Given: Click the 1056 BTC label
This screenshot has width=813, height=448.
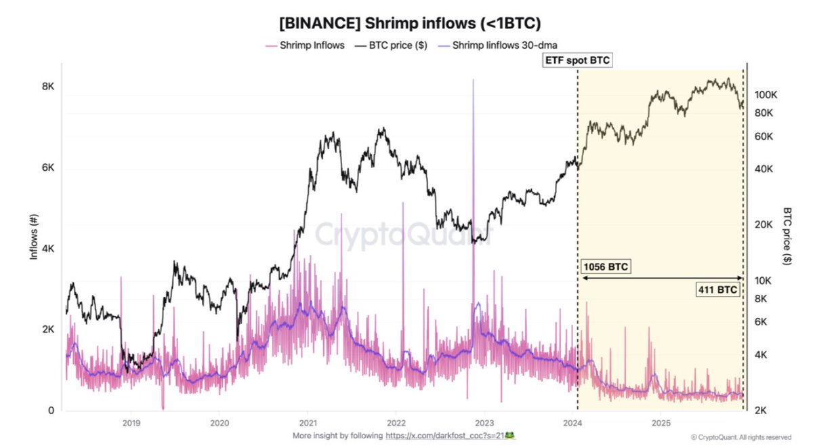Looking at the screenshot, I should [606, 266].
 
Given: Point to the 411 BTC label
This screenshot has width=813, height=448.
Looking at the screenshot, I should [718, 289].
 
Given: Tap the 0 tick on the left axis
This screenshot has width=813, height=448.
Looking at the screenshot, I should [51, 411].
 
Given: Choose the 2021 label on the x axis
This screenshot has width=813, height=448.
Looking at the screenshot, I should [308, 423].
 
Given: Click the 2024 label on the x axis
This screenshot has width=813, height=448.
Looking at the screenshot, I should [573, 423].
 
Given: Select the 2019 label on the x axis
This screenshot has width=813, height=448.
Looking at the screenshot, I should [131, 423].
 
